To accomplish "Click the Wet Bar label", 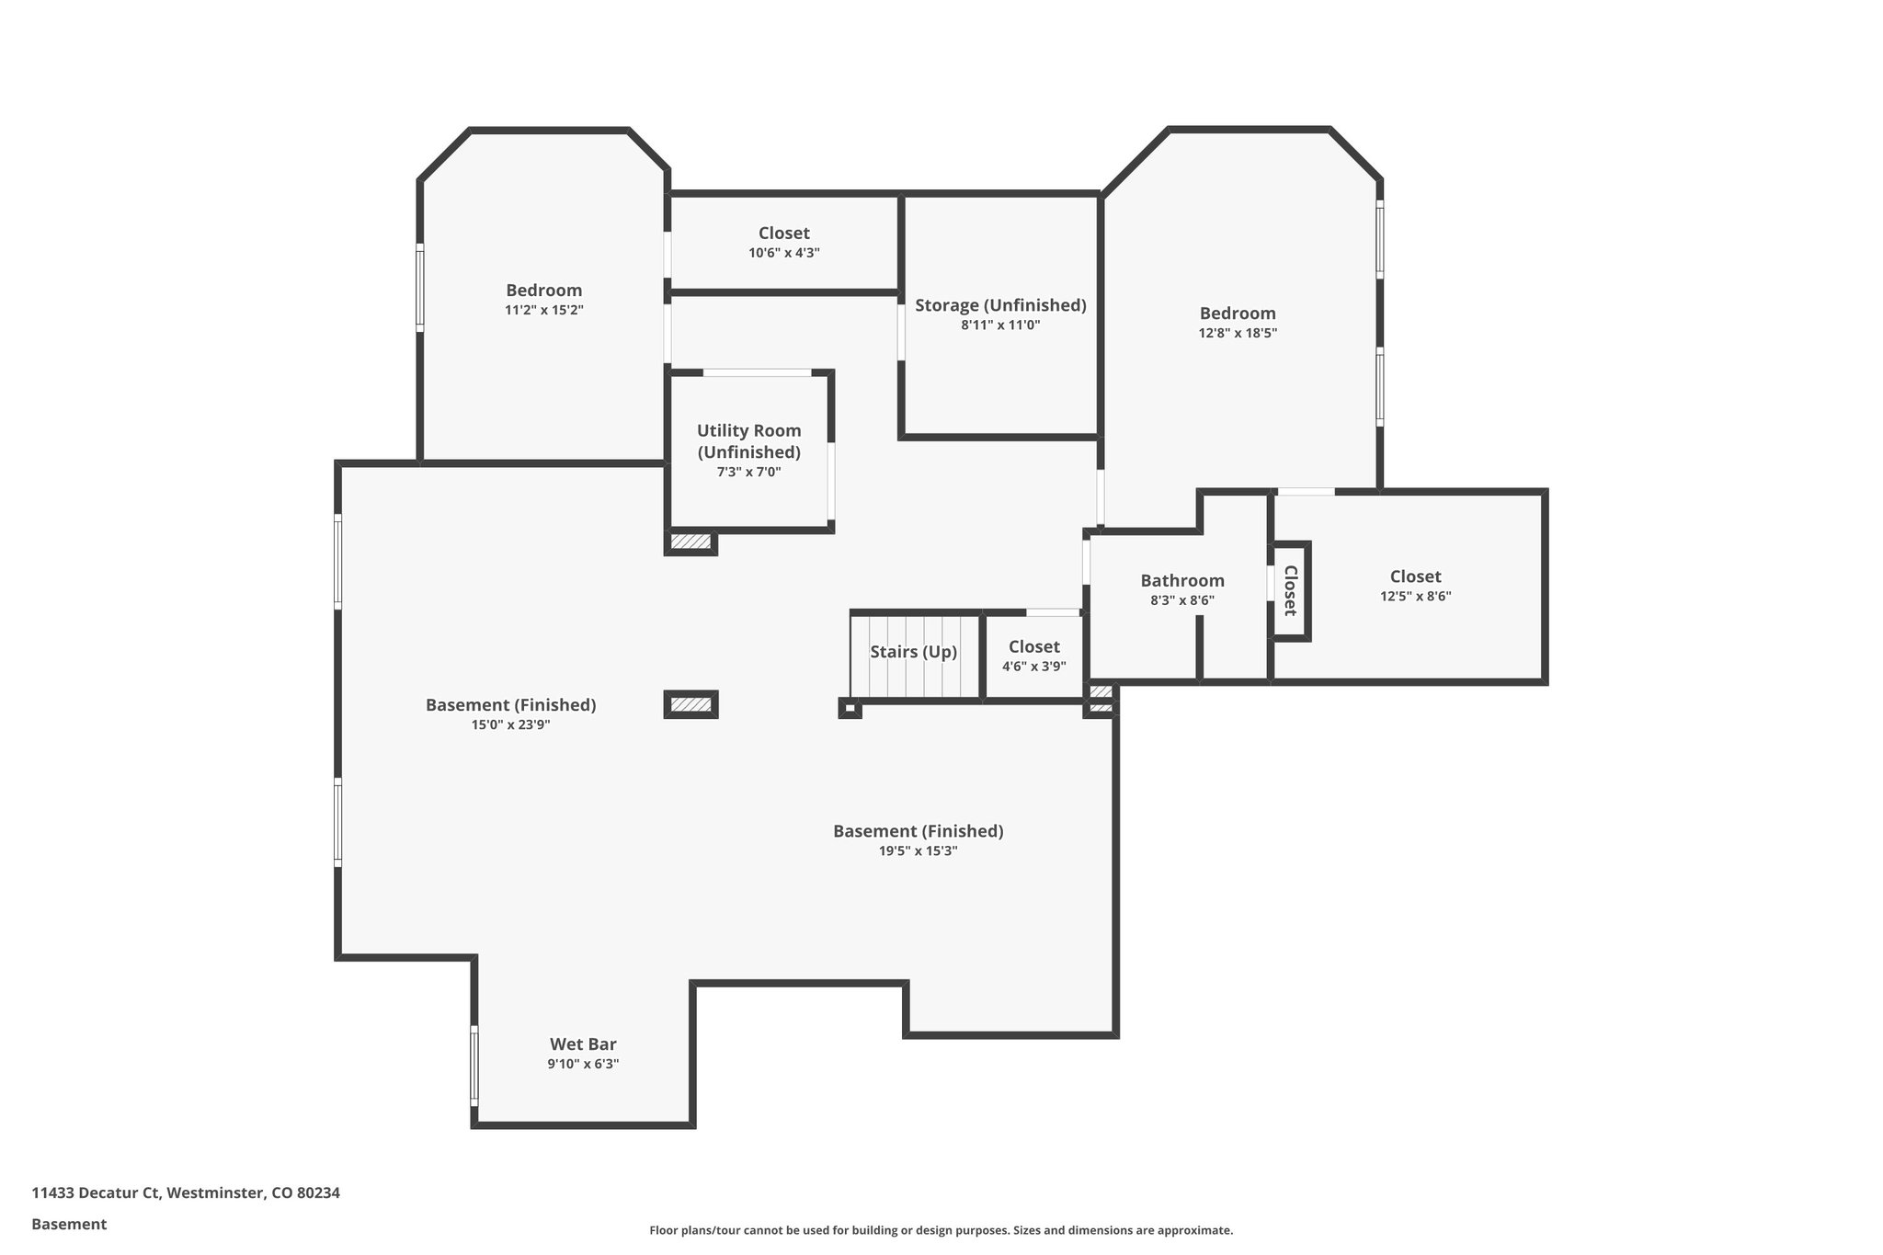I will (x=583, y=1044).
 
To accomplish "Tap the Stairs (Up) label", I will (x=913, y=652).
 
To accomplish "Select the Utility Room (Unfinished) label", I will (x=748, y=441).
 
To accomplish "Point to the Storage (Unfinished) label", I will (x=1000, y=305).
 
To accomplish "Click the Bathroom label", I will (x=1182, y=580).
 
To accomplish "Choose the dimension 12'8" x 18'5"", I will (x=1238, y=334).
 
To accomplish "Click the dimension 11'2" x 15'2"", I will (x=543, y=311).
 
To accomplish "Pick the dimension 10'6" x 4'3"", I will (x=783, y=253).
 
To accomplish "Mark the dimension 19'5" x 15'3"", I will (x=918, y=851).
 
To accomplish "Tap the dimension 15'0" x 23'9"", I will (x=510, y=724).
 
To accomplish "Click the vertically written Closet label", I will (x=1290, y=590).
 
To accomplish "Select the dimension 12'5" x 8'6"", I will (x=1415, y=597).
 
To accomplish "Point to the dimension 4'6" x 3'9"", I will (x=1033, y=667).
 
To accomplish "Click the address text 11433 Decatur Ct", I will (x=96, y=1192).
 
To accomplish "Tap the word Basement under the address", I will (x=69, y=1224).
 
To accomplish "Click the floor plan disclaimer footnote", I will (x=941, y=1230).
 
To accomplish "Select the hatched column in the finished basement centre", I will (x=690, y=704).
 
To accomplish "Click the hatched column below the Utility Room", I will (x=690, y=542).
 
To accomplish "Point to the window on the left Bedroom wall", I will (x=420, y=287).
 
